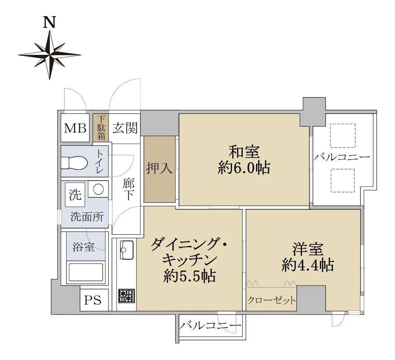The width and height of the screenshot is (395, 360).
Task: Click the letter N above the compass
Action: (x=49, y=22)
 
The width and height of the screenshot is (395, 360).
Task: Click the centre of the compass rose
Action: (x=50, y=54)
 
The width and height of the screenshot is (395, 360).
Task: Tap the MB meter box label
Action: (x=75, y=128)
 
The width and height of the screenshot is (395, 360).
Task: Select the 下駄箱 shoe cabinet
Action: (x=101, y=128)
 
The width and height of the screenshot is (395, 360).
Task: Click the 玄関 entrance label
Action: (x=125, y=128)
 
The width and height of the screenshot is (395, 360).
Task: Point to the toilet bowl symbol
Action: (x=74, y=163)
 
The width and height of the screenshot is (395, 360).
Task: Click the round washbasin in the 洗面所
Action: (x=98, y=189)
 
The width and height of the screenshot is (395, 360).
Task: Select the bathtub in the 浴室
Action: (x=86, y=272)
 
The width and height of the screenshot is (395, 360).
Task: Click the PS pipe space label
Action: (x=93, y=300)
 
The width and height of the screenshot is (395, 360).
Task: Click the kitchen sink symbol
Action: (x=127, y=249)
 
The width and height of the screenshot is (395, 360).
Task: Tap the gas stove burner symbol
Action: (x=126, y=296)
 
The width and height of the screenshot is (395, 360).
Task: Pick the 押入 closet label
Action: (x=159, y=168)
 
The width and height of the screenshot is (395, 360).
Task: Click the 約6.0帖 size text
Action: (x=244, y=168)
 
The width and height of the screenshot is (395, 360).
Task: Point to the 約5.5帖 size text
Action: (x=190, y=276)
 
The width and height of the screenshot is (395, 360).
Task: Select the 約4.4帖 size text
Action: (x=308, y=265)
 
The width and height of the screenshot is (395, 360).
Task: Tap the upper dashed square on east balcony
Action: (x=342, y=135)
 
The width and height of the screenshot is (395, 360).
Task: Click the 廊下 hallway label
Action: (x=128, y=189)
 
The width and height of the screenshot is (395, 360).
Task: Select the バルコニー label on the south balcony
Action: (x=211, y=326)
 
